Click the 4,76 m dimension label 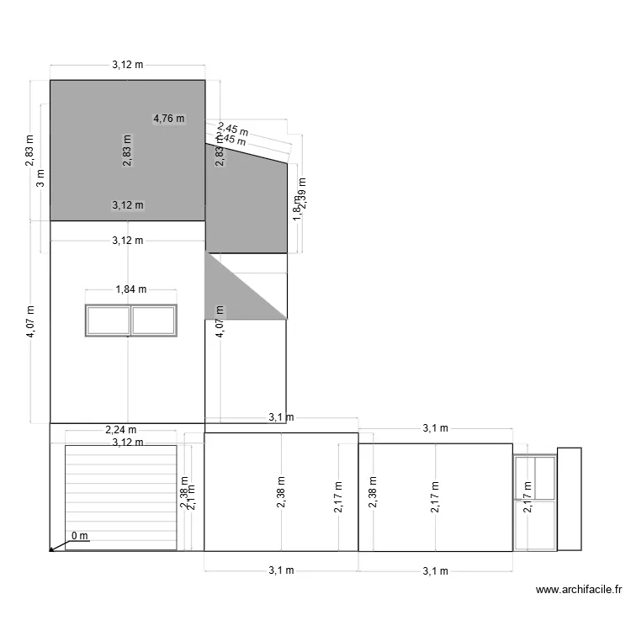pyautogui.click(x=168, y=119)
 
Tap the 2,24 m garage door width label pyautogui.click(x=120, y=430)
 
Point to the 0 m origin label pyautogui.click(x=80, y=536)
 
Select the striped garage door pyautogui.click(x=120, y=497)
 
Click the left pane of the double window pyautogui.click(x=108, y=320)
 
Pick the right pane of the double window pyautogui.click(x=154, y=320)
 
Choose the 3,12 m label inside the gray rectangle pyautogui.click(x=127, y=204)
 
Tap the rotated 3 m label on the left pyautogui.click(x=40, y=179)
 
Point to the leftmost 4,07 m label pyautogui.click(x=30, y=321)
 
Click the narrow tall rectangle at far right pyautogui.click(x=570, y=498)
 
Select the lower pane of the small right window pyautogui.click(x=535, y=525)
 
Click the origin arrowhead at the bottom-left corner pyautogui.click(x=52, y=549)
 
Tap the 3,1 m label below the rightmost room pyautogui.click(x=435, y=571)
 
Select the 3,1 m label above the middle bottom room pyautogui.click(x=281, y=416)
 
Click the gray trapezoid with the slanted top pyautogui.click(x=246, y=202)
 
